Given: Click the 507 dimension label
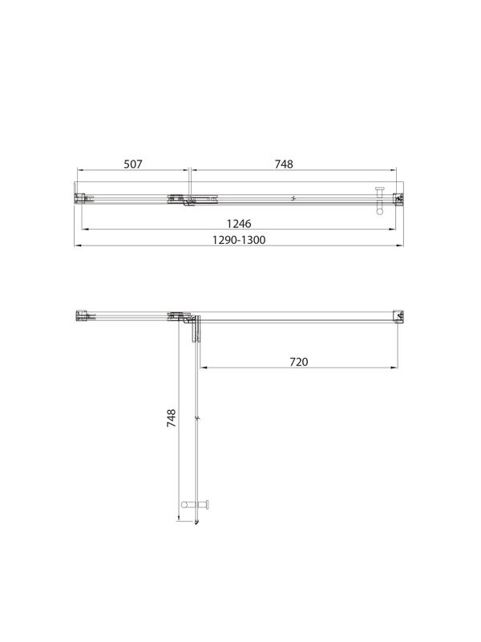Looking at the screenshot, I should point(132,164).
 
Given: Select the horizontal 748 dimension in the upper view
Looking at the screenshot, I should point(284,164).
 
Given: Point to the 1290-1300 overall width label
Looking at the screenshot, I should point(238,239).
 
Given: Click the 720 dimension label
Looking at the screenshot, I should point(298,362).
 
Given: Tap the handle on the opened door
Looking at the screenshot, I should point(196,504).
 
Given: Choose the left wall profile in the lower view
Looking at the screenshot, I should point(81,315).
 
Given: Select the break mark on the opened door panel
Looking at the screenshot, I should point(198,418).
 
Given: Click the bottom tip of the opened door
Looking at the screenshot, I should point(197,526).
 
